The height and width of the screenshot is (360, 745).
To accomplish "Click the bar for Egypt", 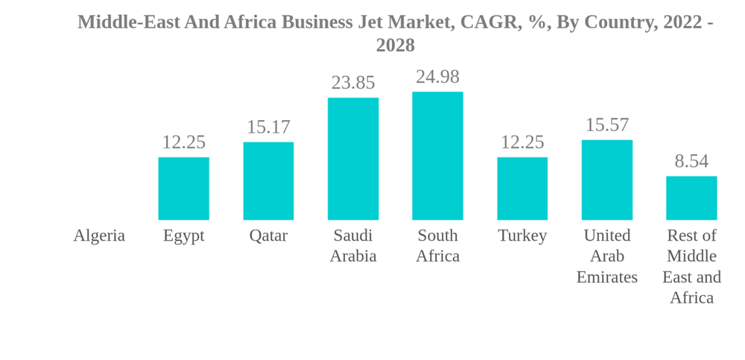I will (183, 189).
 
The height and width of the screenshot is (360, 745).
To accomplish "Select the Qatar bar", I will (268, 181).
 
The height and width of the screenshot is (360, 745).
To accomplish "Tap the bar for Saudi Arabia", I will (353, 159).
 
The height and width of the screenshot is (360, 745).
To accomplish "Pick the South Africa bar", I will (437, 156).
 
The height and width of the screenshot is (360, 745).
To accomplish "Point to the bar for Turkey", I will (522, 189).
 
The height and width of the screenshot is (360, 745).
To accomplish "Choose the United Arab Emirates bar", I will (607, 180).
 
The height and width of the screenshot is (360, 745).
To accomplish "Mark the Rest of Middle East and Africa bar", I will (691, 198).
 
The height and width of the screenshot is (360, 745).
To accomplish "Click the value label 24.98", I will (437, 77).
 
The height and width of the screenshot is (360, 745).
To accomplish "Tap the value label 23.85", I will (353, 83).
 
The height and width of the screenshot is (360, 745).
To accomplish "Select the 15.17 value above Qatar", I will (268, 127).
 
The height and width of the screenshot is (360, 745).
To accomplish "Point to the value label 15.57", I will (607, 125).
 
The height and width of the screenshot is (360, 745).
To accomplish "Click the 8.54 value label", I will (691, 162).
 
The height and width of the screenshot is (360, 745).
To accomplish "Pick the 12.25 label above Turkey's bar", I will (522, 142).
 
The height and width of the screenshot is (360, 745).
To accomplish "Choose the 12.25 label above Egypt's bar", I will (183, 142).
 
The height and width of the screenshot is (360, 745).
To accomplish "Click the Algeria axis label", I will (99, 236).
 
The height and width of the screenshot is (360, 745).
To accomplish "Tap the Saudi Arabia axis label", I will (353, 246).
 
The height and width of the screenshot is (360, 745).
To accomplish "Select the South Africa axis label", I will (437, 246).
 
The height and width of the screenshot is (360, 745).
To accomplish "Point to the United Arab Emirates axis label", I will (607, 256).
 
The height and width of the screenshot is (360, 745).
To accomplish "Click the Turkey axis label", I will (522, 236).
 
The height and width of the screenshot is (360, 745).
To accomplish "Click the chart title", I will (395, 34).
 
